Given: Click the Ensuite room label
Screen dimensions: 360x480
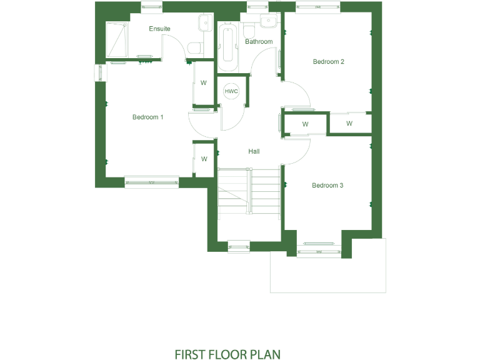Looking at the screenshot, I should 159,29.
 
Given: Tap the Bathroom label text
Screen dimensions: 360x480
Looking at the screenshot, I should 259,42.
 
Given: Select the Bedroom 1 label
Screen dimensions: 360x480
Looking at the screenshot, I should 147,117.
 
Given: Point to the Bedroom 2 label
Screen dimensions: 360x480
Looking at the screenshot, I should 329,61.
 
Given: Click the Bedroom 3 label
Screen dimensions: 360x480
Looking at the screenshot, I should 328,185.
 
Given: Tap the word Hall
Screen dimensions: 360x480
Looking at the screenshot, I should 254,151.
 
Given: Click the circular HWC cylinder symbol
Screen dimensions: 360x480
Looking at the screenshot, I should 232,91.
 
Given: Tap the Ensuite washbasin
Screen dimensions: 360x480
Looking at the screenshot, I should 204,24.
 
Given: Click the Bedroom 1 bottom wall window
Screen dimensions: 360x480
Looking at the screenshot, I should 151,182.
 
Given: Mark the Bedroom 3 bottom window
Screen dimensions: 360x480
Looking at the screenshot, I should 319,251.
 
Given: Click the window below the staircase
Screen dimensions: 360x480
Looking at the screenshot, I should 238,246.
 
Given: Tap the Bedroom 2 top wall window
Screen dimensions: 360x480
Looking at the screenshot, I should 318,7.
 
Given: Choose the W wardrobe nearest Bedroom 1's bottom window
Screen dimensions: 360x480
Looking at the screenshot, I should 204,159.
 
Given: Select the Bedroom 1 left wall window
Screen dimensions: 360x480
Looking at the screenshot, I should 100,72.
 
